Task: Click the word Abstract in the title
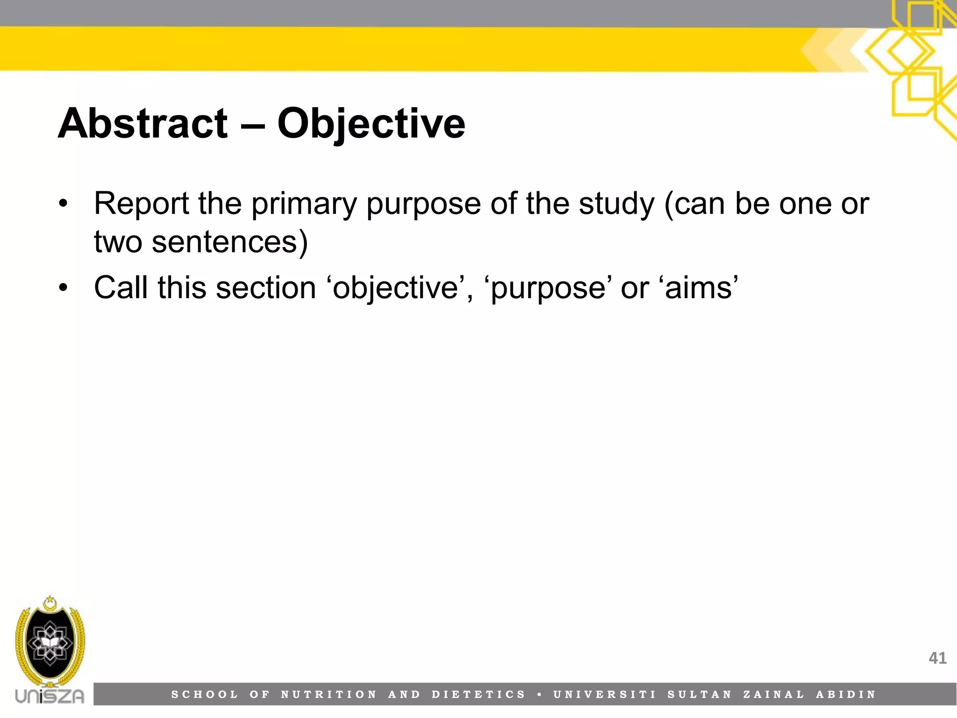coord(143,123)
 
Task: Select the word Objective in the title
coord(371,124)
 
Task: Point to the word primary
coord(304,205)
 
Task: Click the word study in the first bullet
coord(617,205)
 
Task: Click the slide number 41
coord(937,658)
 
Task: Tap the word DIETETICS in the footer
coord(478,695)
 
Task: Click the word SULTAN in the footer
coord(699,695)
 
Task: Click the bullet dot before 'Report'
coord(64,204)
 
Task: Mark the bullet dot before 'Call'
coord(64,287)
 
